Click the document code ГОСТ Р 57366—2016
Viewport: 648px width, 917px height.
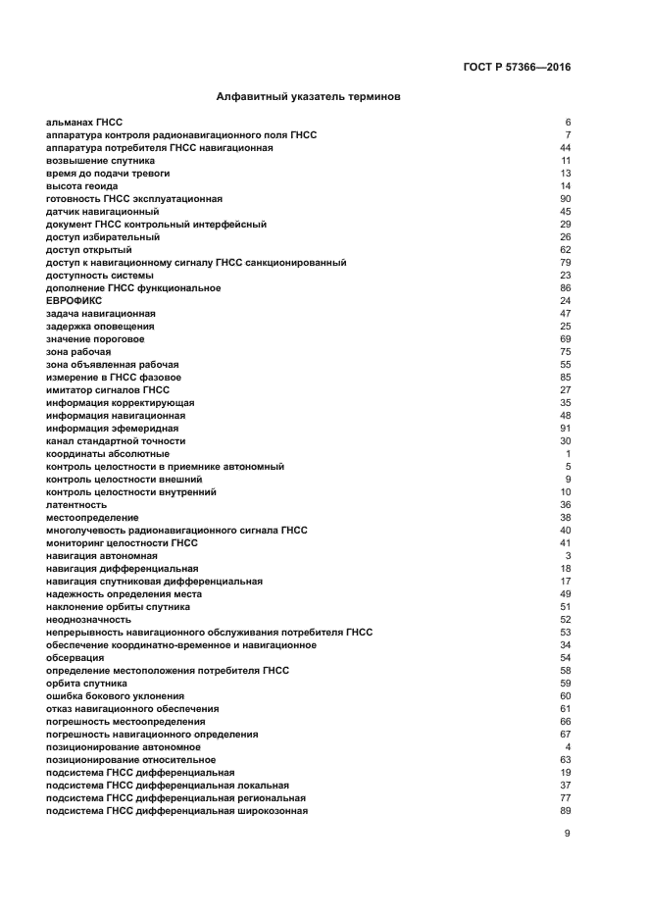pos(517,68)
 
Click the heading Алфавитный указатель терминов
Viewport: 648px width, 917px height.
pos(307,97)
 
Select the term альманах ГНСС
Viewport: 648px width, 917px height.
pos(84,122)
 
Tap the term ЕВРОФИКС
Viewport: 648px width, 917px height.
pos(75,300)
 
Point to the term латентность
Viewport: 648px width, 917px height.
pos(76,504)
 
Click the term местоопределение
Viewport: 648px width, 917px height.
pos(92,517)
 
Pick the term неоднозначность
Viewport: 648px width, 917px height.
pos(88,619)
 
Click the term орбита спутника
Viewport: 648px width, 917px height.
pos(86,683)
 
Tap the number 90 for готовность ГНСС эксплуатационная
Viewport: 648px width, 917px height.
pos(565,198)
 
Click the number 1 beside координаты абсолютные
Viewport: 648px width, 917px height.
pos(568,453)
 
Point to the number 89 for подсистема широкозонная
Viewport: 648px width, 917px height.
pos(565,810)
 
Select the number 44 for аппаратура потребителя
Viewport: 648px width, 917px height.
pos(565,147)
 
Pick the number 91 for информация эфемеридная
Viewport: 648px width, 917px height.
pos(565,428)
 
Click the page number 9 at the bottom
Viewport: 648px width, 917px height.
pos(567,834)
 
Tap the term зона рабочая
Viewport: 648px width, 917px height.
pos(78,351)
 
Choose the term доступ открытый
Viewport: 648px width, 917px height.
pos(88,249)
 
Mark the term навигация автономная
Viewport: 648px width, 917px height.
pos(101,555)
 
